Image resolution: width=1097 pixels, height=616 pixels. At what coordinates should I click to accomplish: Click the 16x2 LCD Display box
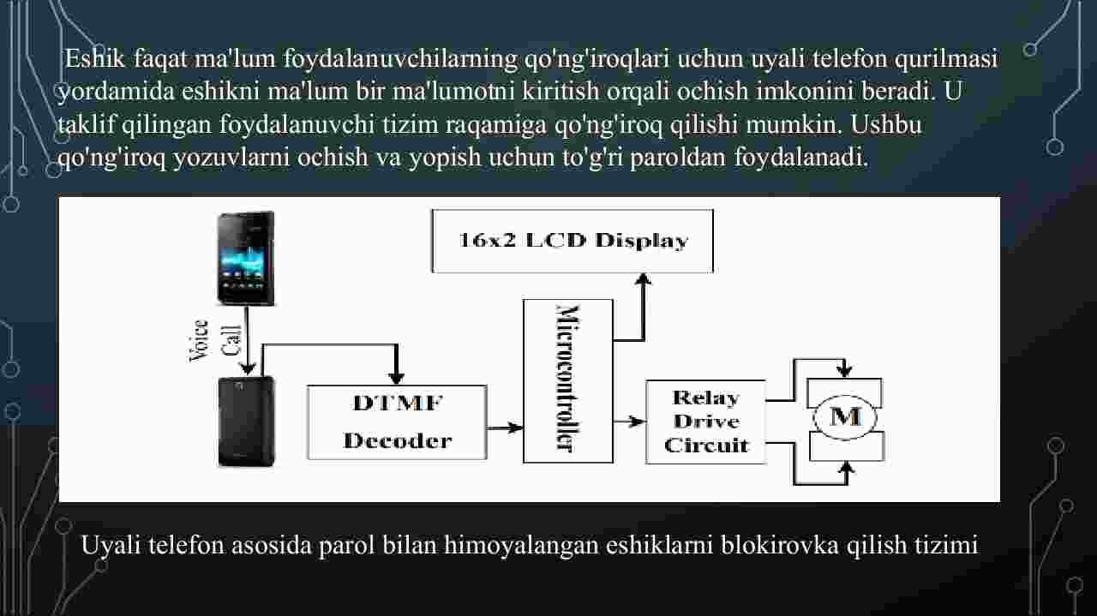[x=572, y=241]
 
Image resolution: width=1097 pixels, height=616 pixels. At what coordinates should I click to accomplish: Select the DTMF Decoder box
[x=397, y=422]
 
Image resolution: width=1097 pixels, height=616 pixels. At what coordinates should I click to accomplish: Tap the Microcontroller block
[x=568, y=381]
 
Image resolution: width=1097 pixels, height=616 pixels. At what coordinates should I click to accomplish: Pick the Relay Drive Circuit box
[x=705, y=422]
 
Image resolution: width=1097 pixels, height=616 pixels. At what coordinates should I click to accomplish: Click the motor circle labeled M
[x=845, y=418]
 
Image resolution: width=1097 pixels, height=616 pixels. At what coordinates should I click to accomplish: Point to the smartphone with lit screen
[x=246, y=258]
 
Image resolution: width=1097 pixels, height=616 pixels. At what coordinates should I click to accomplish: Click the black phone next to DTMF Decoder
[x=246, y=422]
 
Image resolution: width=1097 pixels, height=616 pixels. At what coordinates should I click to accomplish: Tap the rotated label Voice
[x=200, y=340]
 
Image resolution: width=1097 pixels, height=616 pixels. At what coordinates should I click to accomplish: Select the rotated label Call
[x=231, y=340]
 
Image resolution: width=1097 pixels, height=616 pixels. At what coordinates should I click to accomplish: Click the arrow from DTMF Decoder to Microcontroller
[x=505, y=428]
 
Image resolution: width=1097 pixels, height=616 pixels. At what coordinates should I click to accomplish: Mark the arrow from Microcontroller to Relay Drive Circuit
[x=629, y=422]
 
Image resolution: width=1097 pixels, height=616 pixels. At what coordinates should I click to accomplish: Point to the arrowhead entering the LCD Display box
[x=643, y=279]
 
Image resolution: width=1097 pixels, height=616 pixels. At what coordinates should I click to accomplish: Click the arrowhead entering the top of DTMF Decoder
[x=396, y=378]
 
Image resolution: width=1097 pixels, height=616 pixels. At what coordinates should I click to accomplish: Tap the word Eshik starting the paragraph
[x=95, y=59]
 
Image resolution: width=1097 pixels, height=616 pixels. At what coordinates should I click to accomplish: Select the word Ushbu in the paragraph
[x=886, y=124]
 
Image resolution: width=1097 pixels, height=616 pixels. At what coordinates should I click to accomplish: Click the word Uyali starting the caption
[x=111, y=546]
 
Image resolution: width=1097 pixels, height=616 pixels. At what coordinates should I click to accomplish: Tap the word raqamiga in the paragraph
[x=496, y=125]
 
